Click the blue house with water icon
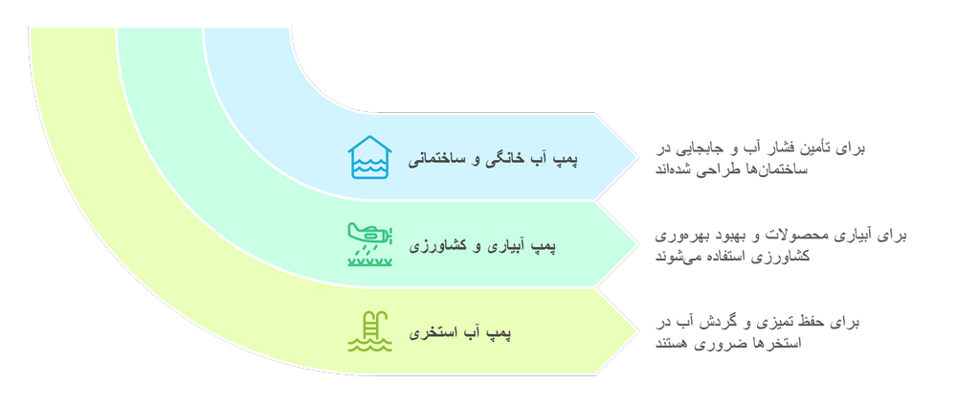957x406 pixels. pos(369,157)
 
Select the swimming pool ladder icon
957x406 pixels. pos(369,331)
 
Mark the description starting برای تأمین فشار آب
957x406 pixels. pos(759,158)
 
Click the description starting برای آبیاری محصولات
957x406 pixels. pos(780,245)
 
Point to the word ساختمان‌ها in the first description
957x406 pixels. pos(831,169)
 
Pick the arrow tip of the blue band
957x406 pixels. pos(633,157)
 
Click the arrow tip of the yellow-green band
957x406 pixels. pos(633,331)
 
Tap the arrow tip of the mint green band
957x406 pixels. pos(633,244)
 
